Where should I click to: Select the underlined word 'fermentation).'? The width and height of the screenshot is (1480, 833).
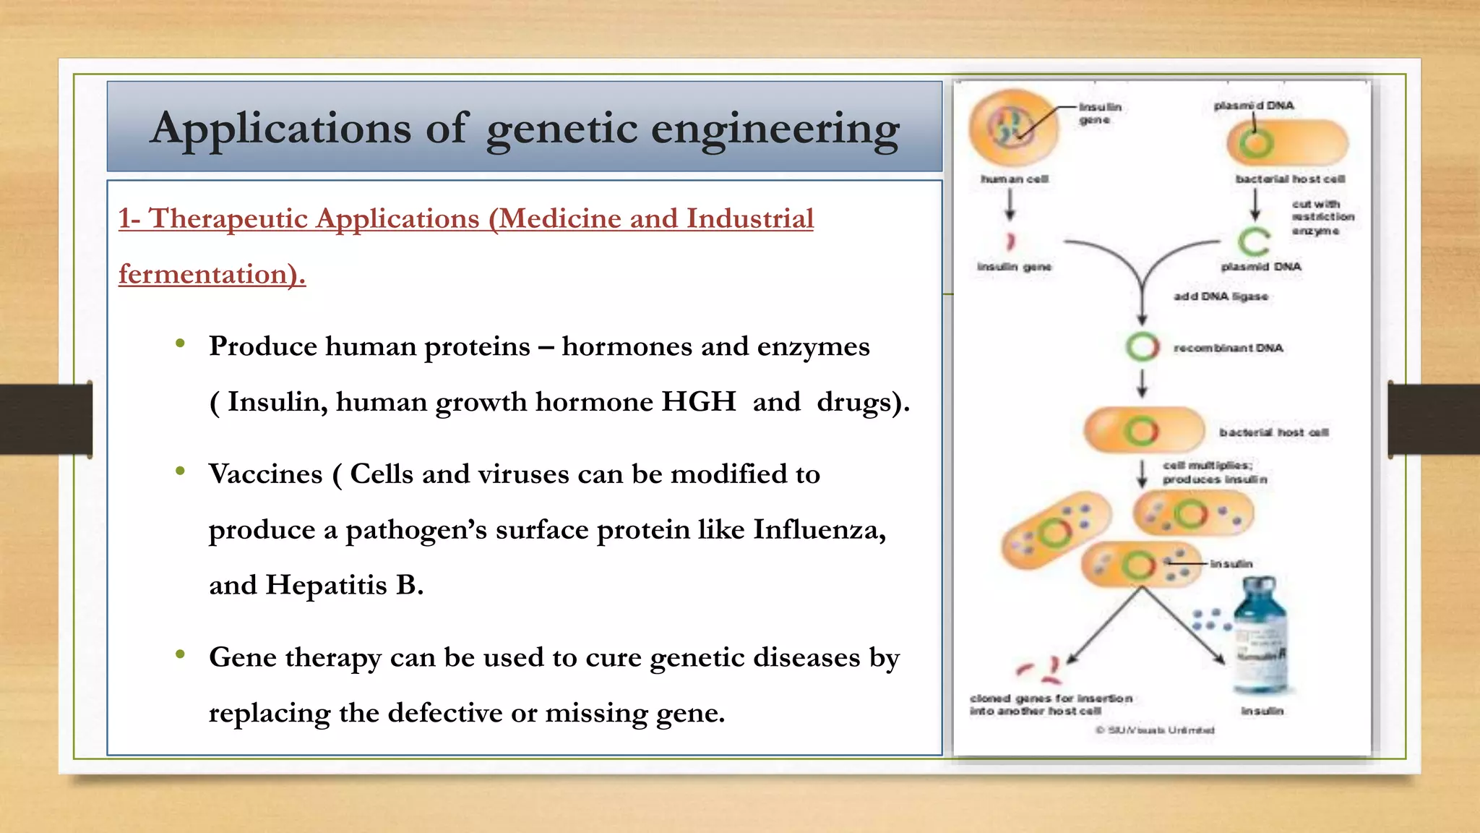point(212,274)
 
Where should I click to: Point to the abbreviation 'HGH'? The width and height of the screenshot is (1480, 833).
point(698,402)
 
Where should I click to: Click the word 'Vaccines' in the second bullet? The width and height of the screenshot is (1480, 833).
point(265,474)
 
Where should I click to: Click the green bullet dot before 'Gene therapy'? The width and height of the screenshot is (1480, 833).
point(180,654)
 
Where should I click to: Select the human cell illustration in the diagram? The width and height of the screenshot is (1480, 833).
point(1012,128)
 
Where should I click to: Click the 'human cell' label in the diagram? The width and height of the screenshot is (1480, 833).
point(1015,179)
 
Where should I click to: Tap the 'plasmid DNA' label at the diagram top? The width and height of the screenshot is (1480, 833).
point(1254,106)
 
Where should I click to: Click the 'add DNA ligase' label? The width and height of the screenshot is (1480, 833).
point(1221,296)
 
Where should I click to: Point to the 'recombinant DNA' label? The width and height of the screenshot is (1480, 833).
point(1228,348)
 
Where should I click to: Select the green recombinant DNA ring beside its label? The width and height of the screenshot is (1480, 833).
point(1142,347)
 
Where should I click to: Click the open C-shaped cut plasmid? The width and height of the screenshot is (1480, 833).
point(1253,242)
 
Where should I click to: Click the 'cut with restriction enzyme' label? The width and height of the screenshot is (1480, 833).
point(1322,217)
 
